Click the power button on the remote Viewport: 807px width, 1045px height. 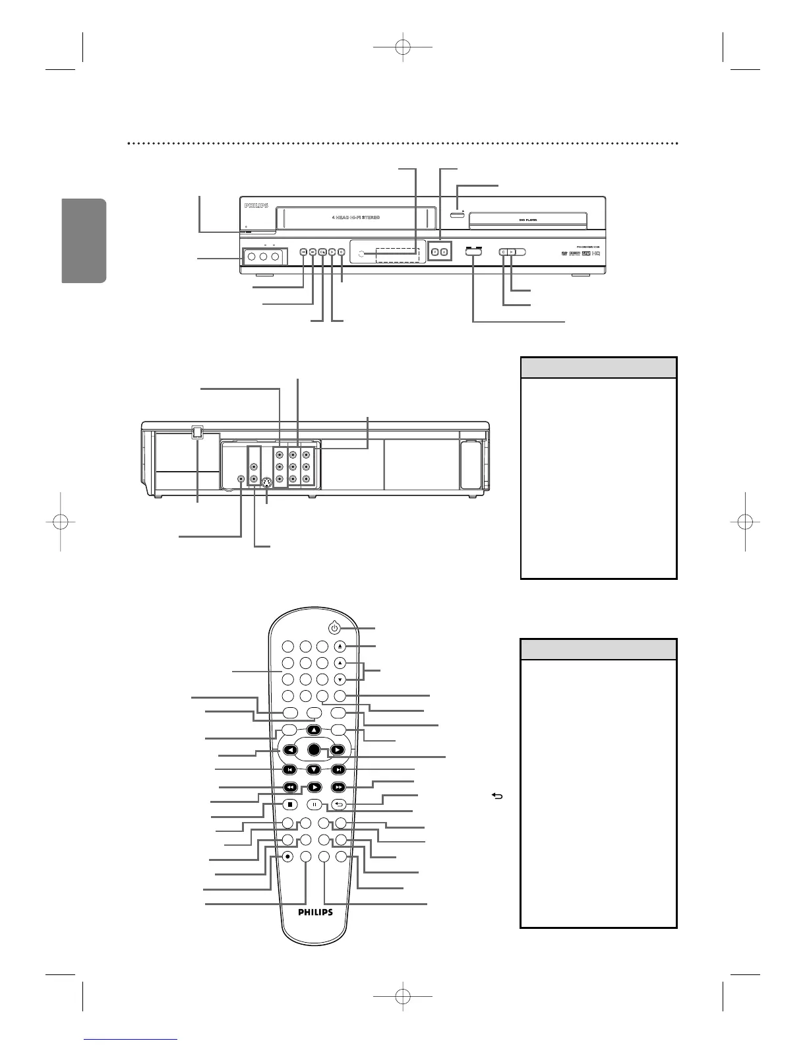pos(334,629)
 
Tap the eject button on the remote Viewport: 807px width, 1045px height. pos(338,647)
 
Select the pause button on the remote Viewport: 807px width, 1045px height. pos(314,804)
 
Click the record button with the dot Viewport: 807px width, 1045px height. pos(288,856)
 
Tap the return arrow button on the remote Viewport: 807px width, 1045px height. pos(338,804)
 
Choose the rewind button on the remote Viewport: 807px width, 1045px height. pos(289,786)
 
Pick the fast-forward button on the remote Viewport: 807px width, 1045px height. pos(338,786)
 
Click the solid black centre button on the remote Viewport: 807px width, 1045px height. pos(313,749)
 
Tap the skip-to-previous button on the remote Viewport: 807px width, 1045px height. pos(289,769)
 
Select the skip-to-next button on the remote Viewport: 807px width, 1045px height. pos(338,769)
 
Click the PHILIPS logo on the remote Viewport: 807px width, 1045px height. pos(313,913)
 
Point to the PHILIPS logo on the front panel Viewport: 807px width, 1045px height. pos(256,206)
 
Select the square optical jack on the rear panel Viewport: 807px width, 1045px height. pos(197,433)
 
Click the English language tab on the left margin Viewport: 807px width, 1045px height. pos(84,240)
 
